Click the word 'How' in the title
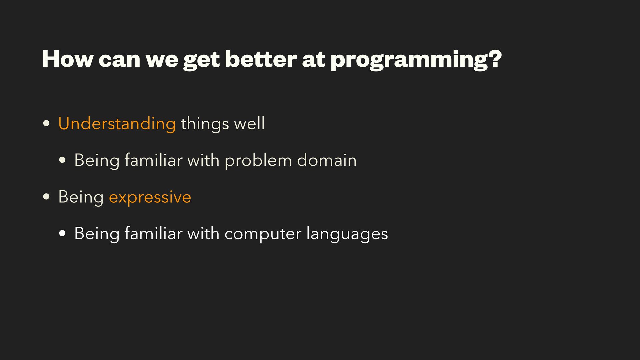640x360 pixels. pyautogui.click(x=68, y=59)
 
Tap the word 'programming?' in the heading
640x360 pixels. pyautogui.click(x=416, y=60)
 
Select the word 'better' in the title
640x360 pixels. pyautogui.click(x=261, y=59)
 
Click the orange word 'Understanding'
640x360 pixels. pyautogui.click(x=117, y=124)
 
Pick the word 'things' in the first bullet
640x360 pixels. pyautogui.click(x=205, y=124)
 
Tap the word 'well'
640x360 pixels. pyautogui.click(x=249, y=123)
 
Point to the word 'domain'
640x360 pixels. pyautogui.click(x=327, y=160)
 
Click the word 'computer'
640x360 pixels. pyautogui.click(x=263, y=234)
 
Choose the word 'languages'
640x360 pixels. pyautogui.click(x=347, y=234)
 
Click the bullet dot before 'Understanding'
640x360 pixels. pyautogui.click(x=47, y=123)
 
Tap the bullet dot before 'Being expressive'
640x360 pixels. pyautogui.click(x=47, y=197)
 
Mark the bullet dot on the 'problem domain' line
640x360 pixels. pyautogui.click(x=62, y=160)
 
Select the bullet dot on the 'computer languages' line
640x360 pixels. pyautogui.click(x=62, y=234)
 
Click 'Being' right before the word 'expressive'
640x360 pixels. pyautogui.click(x=81, y=197)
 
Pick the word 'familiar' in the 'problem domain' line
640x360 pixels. pyautogui.click(x=153, y=160)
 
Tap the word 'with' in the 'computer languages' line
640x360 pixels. pyautogui.click(x=203, y=233)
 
